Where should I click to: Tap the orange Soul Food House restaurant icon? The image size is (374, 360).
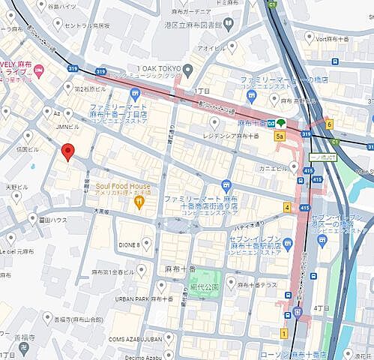tap(138, 201)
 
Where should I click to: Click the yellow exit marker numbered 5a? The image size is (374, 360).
tap(280, 137)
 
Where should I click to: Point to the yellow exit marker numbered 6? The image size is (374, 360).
tap(328, 124)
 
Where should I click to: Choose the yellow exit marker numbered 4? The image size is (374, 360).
tap(286, 207)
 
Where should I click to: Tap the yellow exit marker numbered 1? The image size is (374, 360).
tap(284, 332)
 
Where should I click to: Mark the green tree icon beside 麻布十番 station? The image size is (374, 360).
tap(280, 122)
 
